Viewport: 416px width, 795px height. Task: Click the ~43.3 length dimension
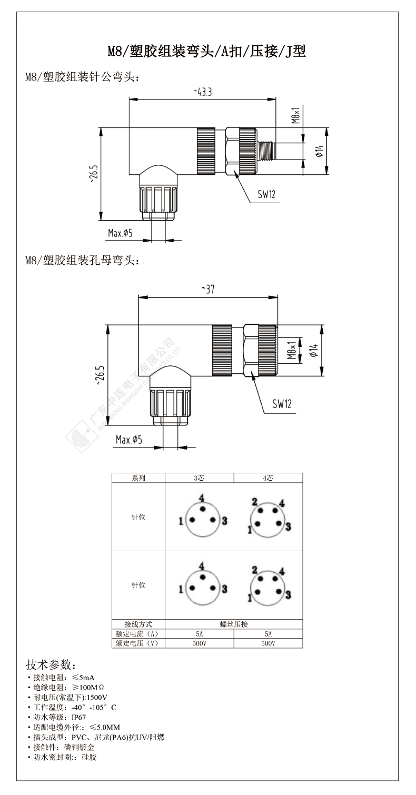click(x=203, y=92)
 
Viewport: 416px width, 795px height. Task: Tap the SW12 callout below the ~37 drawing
click(x=282, y=404)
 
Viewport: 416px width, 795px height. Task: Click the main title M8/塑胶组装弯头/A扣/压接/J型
click(x=207, y=52)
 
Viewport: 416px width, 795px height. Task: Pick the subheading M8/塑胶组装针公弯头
click(x=82, y=77)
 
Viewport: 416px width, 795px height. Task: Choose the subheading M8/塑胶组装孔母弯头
click(x=82, y=261)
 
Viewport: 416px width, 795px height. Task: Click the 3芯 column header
click(x=199, y=478)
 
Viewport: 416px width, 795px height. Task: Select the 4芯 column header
click(x=268, y=478)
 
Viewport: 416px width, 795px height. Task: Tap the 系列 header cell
click(x=138, y=478)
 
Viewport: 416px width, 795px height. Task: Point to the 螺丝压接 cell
click(x=234, y=624)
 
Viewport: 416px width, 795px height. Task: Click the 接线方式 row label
click(x=138, y=624)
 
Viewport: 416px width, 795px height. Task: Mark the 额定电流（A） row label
click(x=138, y=633)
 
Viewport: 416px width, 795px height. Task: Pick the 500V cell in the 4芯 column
click(x=268, y=643)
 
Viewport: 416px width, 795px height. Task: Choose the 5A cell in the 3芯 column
click(x=199, y=633)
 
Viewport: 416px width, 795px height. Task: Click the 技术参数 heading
click(x=51, y=663)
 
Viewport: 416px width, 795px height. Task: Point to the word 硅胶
click(x=90, y=757)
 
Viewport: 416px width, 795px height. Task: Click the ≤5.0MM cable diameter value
click(x=105, y=727)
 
